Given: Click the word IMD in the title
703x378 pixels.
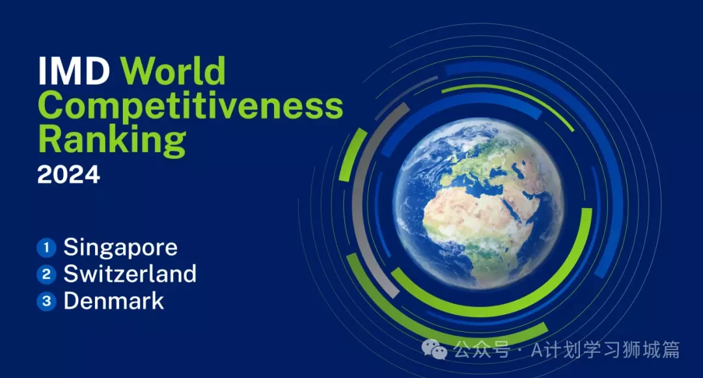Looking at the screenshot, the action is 74,71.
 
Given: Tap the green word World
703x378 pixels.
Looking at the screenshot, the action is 173,71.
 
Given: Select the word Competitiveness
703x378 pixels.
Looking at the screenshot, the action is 191,107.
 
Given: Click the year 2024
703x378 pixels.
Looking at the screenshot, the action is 68,174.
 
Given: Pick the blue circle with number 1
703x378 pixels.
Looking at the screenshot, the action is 46,248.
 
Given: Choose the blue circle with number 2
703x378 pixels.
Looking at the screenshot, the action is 46,275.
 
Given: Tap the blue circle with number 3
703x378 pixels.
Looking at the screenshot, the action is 46,301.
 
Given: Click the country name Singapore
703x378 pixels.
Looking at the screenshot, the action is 120,249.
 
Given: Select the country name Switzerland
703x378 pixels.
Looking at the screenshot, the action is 130,274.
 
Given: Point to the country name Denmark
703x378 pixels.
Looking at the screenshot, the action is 114,301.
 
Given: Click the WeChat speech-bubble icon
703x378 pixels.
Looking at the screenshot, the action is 434,349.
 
